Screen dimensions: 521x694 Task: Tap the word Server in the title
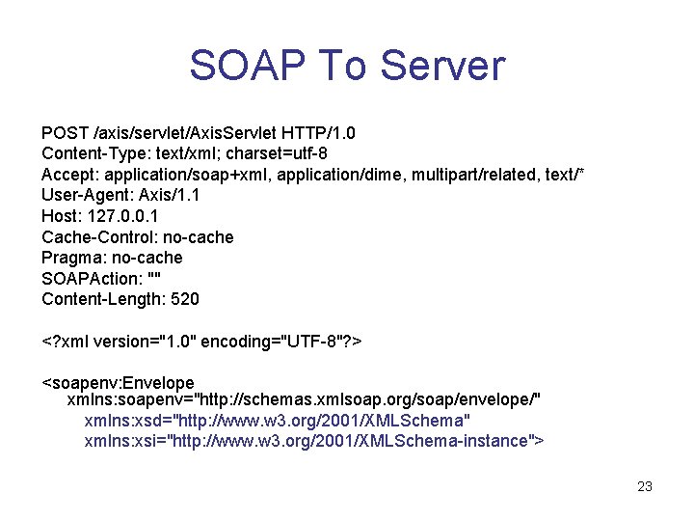pyautogui.click(x=442, y=66)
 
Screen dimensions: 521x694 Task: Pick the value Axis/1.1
pyautogui.click(x=170, y=196)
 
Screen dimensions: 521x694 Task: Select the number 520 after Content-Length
pyautogui.click(x=184, y=300)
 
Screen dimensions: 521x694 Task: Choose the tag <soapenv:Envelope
pyautogui.click(x=118, y=383)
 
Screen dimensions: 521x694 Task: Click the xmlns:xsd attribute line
pyautogui.click(x=278, y=421)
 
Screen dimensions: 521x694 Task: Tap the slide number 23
pyautogui.click(x=645, y=486)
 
